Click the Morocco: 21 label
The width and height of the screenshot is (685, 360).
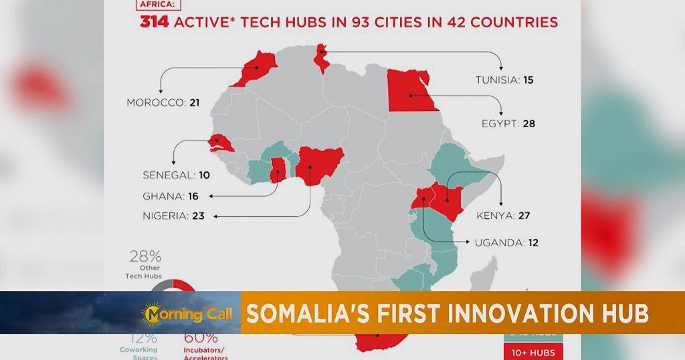pyautogui.click(x=163, y=102)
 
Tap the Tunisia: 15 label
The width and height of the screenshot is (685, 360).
pyautogui.click(x=504, y=80)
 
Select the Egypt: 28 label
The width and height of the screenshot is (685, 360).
pyautogui.click(x=508, y=124)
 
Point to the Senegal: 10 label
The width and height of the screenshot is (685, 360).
pyautogui.click(x=176, y=175)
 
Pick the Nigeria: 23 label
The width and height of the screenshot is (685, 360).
pyautogui.click(x=173, y=215)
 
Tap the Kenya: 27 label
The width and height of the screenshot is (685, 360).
pyautogui.click(x=503, y=215)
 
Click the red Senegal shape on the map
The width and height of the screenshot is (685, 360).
pyautogui.click(x=219, y=143)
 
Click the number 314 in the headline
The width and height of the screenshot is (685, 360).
pyautogui.click(x=155, y=22)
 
